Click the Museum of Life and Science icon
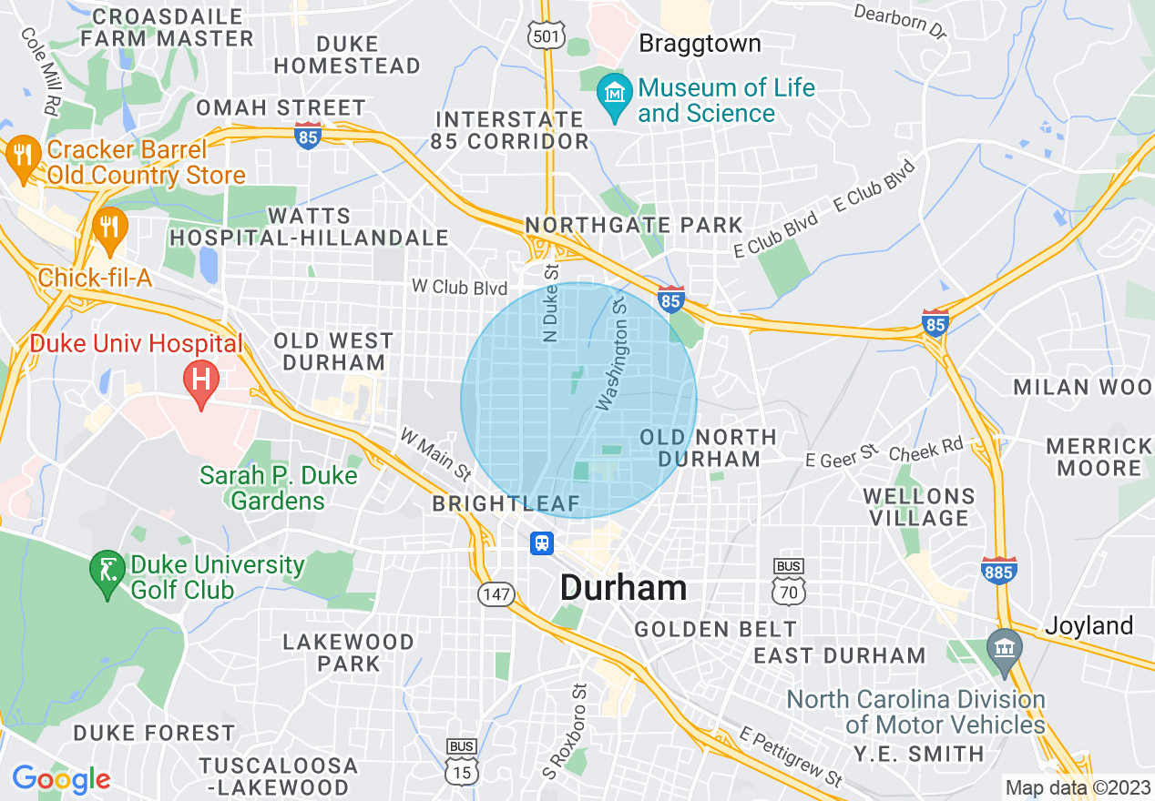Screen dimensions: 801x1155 click(616, 95)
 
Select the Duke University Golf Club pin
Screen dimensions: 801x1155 click(107, 573)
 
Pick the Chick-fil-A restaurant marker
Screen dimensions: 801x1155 click(110, 228)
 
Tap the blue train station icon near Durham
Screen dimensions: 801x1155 click(543, 543)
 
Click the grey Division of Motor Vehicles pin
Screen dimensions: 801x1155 click(1006, 650)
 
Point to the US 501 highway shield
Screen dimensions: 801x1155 click(547, 35)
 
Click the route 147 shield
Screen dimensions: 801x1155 click(496, 594)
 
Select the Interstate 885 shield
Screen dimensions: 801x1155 click(999, 571)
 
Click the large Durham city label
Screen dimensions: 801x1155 click(623, 588)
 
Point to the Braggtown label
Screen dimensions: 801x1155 click(700, 44)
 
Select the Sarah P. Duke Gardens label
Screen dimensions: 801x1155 click(278, 488)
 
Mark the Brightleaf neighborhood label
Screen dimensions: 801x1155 click(506, 503)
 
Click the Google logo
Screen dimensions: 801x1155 click(61, 779)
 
